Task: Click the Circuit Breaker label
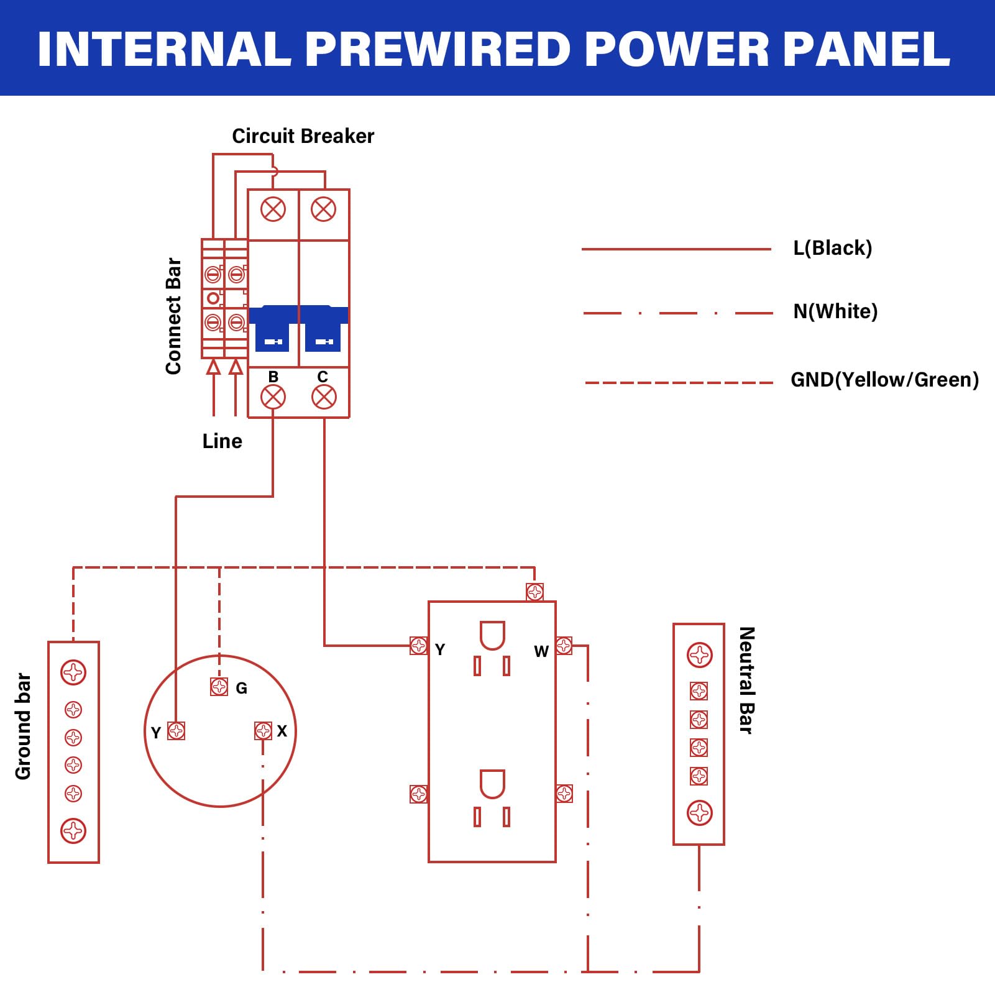tap(303, 136)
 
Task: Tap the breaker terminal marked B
tap(273, 397)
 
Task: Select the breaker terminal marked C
tap(324, 397)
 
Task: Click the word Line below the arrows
tap(222, 441)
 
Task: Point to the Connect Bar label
tap(173, 316)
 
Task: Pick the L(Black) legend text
tap(832, 248)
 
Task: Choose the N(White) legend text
tap(835, 311)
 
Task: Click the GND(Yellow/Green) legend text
tap(884, 380)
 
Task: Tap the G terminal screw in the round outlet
tap(219, 687)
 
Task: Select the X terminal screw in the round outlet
tap(264, 730)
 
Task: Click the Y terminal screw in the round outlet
tap(177, 730)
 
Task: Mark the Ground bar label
tap(23, 726)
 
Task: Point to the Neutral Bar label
tap(746, 680)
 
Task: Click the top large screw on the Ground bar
tap(73, 672)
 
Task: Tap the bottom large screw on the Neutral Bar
tap(699, 812)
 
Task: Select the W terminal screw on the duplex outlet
tap(564, 646)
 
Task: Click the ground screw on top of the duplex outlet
tap(534, 592)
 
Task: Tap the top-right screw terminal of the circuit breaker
tap(324, 209)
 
